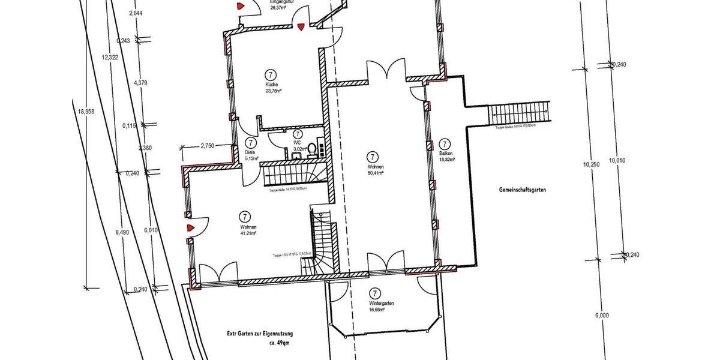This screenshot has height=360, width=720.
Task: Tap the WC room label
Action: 297,142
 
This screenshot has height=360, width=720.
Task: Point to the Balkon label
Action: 445,153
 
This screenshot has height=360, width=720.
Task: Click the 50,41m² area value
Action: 374,172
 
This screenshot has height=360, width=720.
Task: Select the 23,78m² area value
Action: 274,91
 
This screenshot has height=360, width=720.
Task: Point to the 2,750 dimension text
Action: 208,146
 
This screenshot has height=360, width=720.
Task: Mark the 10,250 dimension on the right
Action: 591,163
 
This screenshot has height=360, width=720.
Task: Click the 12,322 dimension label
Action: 110,57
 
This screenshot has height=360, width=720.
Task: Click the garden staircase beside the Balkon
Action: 520,112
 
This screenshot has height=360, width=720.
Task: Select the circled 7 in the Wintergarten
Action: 375,293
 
